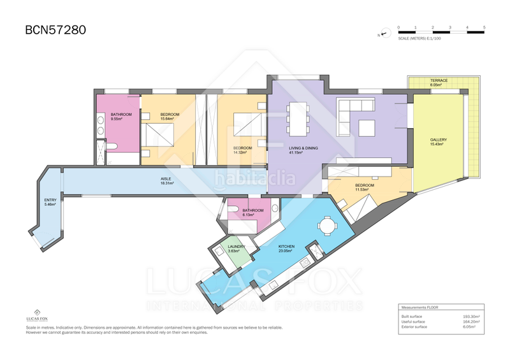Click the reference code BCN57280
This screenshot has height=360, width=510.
tap(55, 29)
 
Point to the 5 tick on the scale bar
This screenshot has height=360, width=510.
tap(484, 28)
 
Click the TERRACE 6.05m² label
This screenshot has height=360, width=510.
tap(439, 83)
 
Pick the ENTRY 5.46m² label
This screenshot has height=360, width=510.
tap(50, 202)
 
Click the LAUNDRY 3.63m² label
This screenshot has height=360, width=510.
tap(237, 249)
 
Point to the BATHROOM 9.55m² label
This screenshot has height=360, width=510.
tap(120, 117)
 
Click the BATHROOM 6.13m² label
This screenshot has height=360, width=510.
tap(252, 212)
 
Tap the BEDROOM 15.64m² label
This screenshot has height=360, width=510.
tap(170, 117)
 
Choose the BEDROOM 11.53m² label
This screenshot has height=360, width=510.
tap(367, 188)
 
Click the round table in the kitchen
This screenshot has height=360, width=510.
tap(328, 226)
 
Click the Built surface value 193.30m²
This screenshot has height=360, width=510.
tap(471, 316)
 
